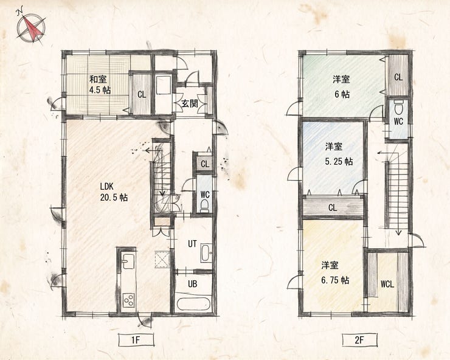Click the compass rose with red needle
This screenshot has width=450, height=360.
(x=30, y=27)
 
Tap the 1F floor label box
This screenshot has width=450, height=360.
(x=136, y=340)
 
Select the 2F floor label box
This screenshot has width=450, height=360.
(x=359, y=340)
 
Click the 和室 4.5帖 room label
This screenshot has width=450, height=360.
(x=99, y=85)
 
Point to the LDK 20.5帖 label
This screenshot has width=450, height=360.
(x=114, y=192)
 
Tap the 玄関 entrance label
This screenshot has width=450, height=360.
(x=190, y=103)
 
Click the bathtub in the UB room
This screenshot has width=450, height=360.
(x=193, y=304)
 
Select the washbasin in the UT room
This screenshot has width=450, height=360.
(x=206, y=252)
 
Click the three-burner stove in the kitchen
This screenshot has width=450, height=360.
(x=128, y=300)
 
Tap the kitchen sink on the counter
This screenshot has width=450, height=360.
(x=128, y=261)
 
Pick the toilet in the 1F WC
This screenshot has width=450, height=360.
(x=204, y=206)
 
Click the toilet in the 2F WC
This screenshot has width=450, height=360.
(x=398, y=108)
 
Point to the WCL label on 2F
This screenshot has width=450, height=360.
(x=387, y=284)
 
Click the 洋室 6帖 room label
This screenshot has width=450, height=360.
(x=342, y=86)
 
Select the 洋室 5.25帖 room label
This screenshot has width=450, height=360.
(x=339, y=154)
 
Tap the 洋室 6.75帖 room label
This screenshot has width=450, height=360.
(x=335, y=272)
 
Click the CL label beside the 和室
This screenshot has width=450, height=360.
(x=142, y=94)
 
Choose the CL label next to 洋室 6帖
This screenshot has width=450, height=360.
(x=398, y=77)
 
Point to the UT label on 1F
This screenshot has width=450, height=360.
(x=192, y=244)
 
